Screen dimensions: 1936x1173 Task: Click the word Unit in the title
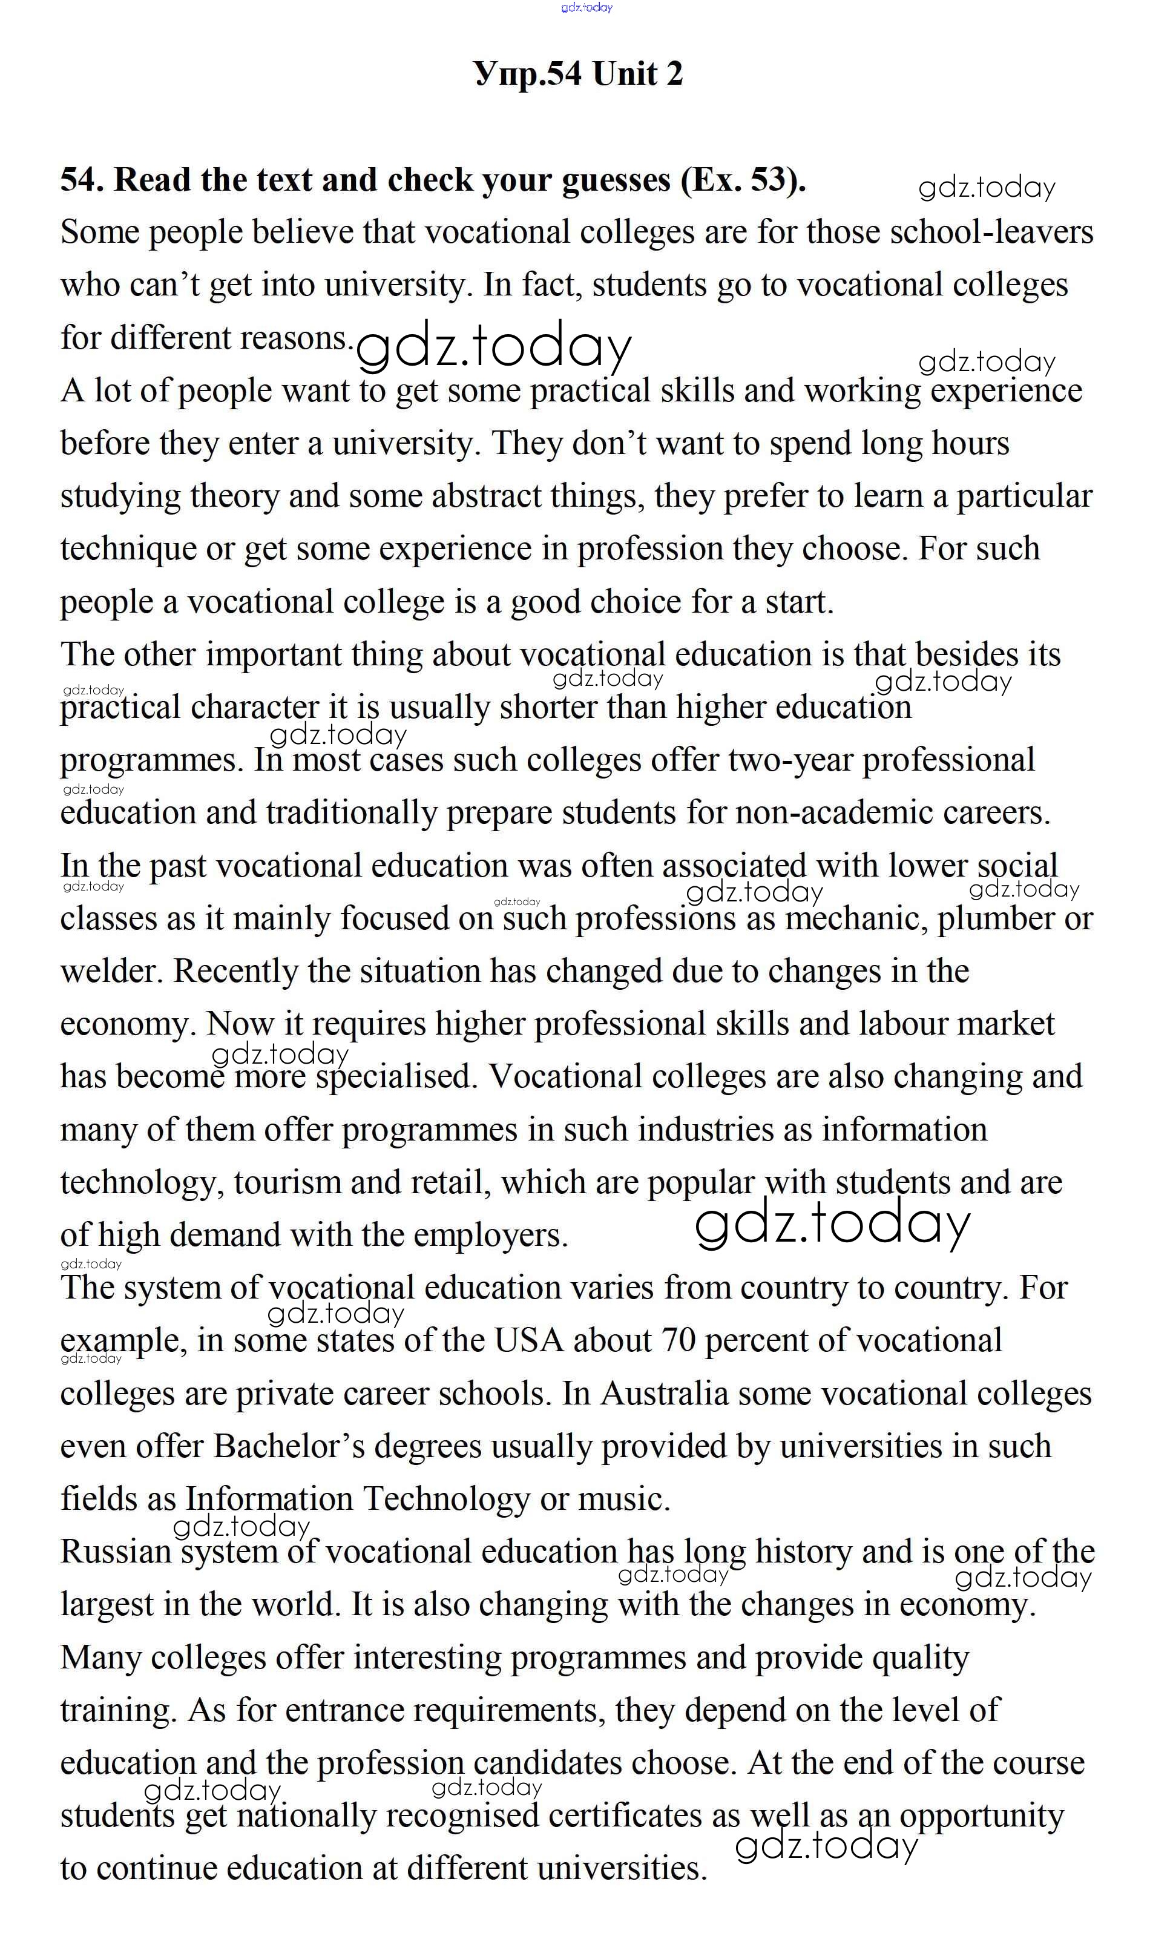coord(624,74)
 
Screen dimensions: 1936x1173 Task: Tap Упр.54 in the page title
coord(528,74)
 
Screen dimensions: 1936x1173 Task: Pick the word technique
coord(128,549)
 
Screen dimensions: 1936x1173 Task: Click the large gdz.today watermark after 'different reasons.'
coord(493,347)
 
